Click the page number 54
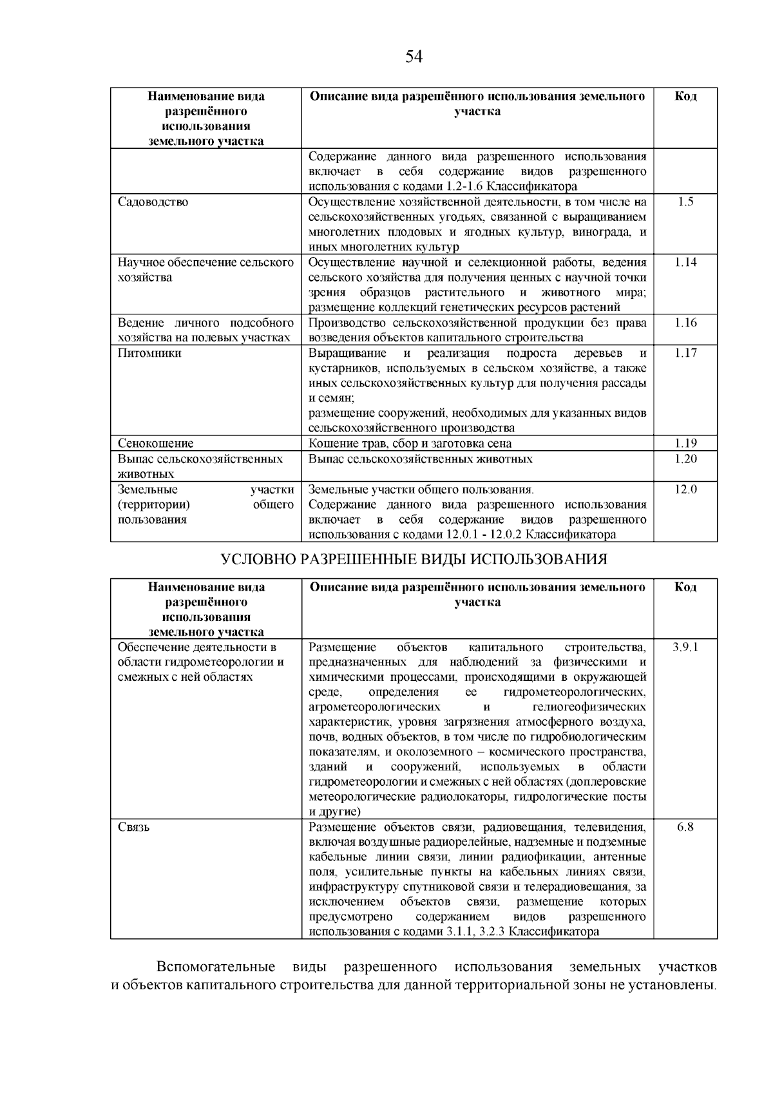click(414, 57)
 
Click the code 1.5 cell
click(685, 202)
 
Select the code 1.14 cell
click(685, 263)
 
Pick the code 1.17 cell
click(685, 354)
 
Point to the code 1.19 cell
click(685, 443)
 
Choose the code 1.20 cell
click(685, 459)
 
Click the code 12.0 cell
click(685, 489)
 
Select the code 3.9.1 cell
click(685, 647)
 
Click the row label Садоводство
click(153, 202)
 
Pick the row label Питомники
click(149, 354)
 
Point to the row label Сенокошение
click(155, 443)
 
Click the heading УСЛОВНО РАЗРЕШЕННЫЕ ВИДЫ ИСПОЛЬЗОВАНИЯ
click(414, 559)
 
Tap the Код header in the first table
click(685, 97)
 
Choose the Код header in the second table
click(685, 587)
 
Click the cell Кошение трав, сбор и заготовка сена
click(410, 443)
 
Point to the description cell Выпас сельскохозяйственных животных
click(420, 459)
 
